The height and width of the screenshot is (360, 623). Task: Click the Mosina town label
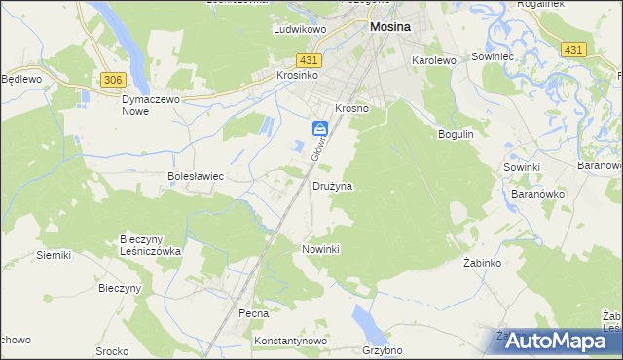pos(390,29)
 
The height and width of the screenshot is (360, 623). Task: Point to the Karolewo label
pos(434,60)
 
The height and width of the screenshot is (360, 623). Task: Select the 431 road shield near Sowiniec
pos(573,49)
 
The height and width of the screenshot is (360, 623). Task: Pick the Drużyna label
pos(332,185)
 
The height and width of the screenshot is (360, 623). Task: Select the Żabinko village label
pos(481,264)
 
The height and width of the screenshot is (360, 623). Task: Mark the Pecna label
pos(253,314)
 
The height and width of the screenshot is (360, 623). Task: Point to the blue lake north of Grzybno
pos(363,318)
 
